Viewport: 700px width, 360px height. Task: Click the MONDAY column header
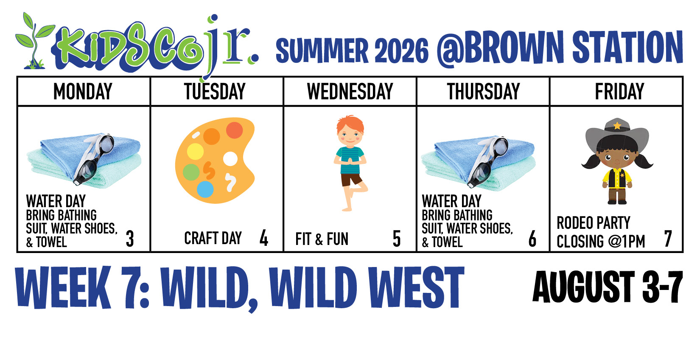click(x=83, y=91)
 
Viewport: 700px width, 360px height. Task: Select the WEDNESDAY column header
click(x=350, y=91)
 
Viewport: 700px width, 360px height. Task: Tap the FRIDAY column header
click(x=619, y=91)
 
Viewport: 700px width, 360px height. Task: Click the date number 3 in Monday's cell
click(x=130, y=239)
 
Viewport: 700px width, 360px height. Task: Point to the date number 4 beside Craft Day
click(x=264, y=238)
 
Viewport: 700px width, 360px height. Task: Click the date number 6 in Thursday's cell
click(x=532, y=239)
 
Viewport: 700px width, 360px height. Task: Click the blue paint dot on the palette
click(x=205, y=189)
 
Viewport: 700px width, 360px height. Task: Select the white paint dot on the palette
click(x=230, y=159)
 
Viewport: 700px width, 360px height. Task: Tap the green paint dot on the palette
click(x=191, y=172)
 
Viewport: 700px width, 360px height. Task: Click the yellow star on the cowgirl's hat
click(x=617, y=126)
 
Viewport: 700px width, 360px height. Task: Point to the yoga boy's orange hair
click(x=350, y=123)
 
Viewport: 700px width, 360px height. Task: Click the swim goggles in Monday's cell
click(x=94, y=158)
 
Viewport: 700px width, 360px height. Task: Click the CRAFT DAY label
click(x=213, y=238)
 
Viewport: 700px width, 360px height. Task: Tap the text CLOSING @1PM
click(x=601, y=242)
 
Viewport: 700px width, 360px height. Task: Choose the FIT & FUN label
click(x=322, y=239)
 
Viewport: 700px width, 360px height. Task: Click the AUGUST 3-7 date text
click(x=607, y=287)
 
